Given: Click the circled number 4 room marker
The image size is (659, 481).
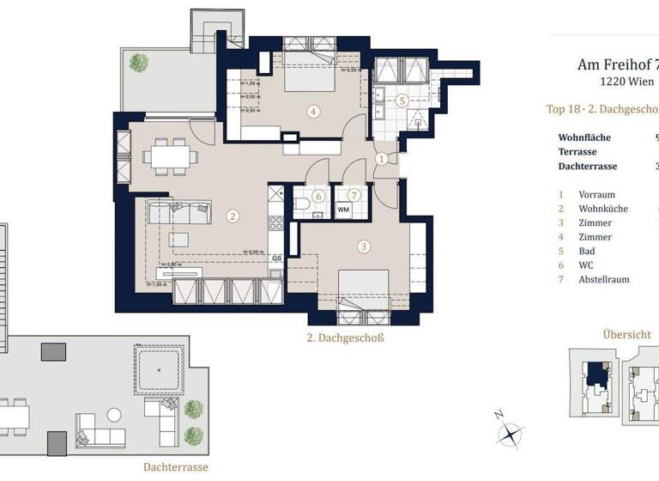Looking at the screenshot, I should pyautogui.click(x=315, y=110).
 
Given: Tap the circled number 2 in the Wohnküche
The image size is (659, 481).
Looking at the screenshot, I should pyautogui.click(x=232, y=216).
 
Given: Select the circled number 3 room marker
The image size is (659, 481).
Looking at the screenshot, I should pyautogui.click(x=364, y=247).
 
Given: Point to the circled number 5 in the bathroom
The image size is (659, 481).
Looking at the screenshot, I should pyautogui.click(x=402, y=100).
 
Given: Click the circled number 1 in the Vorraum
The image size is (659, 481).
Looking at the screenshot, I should pyautogui.click(x=381, y=158).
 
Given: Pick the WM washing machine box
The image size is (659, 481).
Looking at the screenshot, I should pyautogui.click(x=343, y=209).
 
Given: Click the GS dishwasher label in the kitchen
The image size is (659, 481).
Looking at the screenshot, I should pyautogui.click(x=276, y=258).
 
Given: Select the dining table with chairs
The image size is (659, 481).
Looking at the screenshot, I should pyautogui.click(x=167, y=156).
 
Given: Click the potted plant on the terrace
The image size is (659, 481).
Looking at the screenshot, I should pyautogui.click(x=137, y=62).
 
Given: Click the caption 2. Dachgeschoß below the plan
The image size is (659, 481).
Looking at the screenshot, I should pyautogui.click(x=345, y=338).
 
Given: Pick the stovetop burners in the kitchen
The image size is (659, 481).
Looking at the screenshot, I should pyautogui.click(x=276, y=223).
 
